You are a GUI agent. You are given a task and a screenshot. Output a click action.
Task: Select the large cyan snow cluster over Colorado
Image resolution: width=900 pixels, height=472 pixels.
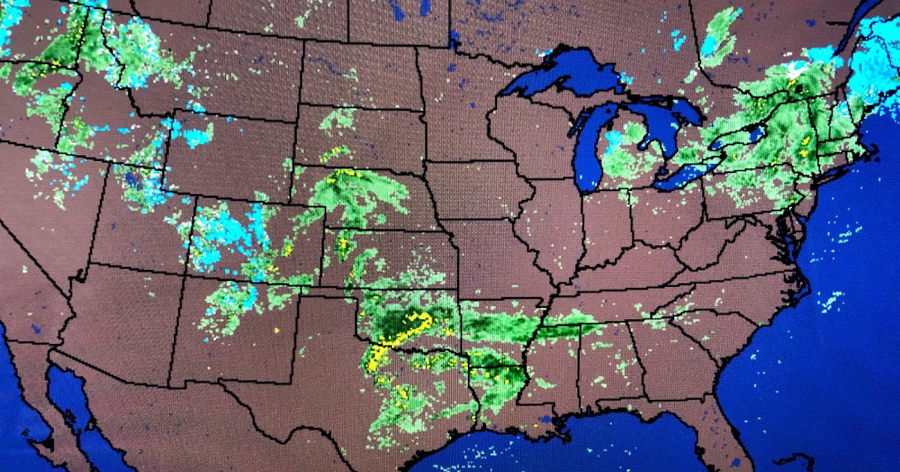tap(225, 232)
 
